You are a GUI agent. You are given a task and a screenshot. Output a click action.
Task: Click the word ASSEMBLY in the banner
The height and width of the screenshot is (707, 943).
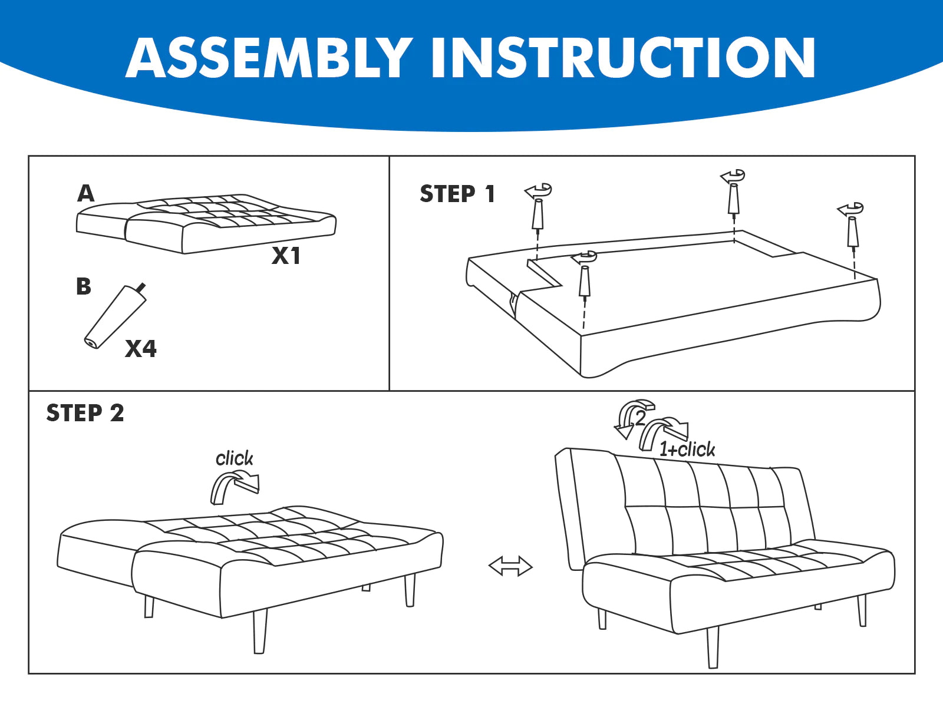270,58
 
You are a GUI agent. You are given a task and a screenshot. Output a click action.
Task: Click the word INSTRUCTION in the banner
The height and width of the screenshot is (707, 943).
623,58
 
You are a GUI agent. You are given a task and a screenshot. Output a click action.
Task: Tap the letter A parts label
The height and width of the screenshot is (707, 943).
86,193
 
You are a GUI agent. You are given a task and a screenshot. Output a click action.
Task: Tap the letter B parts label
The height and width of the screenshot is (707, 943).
84,286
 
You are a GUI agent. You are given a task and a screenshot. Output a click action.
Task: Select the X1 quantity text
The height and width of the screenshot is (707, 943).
286,256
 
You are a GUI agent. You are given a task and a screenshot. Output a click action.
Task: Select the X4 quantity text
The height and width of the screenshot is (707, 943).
141,348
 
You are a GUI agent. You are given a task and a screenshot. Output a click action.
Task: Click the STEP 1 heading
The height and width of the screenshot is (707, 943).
457,194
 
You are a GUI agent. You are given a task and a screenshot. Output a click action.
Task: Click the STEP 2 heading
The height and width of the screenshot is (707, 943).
85,413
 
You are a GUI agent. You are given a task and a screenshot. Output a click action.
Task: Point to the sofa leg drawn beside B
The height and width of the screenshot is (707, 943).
115,317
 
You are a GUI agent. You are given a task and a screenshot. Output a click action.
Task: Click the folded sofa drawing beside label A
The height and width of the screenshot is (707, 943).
206,223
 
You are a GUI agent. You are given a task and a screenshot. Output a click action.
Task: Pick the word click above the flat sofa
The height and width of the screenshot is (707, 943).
235,458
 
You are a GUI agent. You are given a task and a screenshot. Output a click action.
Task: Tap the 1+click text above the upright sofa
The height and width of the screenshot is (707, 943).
687,450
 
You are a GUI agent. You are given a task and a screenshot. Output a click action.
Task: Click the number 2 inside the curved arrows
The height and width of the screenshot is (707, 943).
640,418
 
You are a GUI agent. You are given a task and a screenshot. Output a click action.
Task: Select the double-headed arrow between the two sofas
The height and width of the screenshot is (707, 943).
511,566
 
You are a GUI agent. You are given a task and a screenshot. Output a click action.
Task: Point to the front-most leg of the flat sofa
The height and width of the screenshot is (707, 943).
260,631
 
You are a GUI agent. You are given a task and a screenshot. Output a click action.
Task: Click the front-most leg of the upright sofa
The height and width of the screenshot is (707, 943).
713,647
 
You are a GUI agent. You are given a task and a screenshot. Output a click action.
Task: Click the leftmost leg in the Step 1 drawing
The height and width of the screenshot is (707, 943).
538,214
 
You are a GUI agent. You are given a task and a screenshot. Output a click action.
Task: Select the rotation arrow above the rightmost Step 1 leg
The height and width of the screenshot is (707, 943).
850,209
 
